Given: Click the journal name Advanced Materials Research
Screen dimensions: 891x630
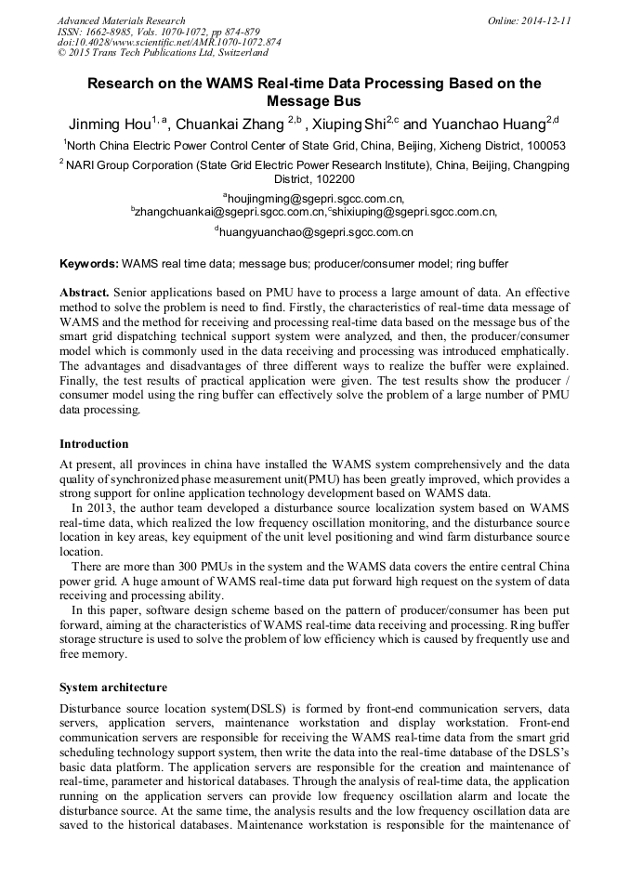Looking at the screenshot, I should (121, 20).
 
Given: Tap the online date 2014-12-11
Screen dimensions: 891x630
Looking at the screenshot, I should (548, 20).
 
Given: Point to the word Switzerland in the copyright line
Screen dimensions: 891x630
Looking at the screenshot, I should (235, 54).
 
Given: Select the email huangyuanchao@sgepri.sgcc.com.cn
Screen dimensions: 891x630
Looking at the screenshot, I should (316, 232).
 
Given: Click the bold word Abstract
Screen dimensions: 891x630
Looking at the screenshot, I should (85, 292).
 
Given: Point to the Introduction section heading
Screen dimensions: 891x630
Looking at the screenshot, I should (94, 444).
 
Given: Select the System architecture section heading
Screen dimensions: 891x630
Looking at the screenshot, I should (113, 688).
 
